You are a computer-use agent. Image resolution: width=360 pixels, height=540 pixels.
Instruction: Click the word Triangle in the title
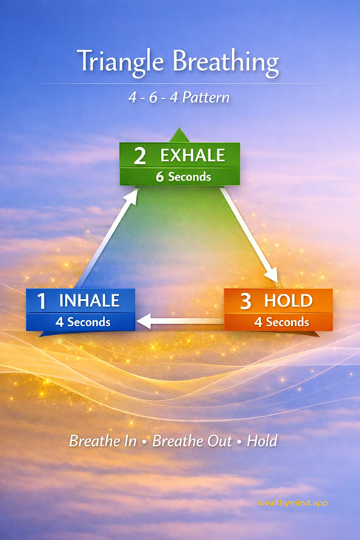point(118,62)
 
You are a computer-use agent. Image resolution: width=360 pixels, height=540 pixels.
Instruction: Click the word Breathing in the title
point(221,64)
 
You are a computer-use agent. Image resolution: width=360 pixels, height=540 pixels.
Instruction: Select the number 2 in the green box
point(140,156)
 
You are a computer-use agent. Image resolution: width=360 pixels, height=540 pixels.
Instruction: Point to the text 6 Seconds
point(183,177)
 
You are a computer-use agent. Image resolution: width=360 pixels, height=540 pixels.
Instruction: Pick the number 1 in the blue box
point(42,301)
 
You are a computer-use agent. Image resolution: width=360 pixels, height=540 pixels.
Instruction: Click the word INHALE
point(89,301)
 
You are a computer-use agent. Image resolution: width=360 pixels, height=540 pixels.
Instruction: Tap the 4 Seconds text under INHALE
point(82,322)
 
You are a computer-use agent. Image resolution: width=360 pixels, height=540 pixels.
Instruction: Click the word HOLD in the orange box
point(288,301)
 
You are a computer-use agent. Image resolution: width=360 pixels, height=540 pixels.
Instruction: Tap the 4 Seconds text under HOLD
point(282,322)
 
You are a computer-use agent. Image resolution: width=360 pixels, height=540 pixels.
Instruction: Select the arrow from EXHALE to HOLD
point(251,237)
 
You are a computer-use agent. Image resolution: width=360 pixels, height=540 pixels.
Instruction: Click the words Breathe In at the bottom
point(102,442)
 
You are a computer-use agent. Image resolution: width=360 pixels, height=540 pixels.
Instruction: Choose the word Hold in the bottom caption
point(262,442)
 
